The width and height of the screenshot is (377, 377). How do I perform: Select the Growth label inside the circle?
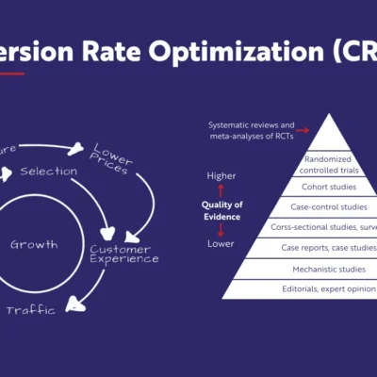point(35,244)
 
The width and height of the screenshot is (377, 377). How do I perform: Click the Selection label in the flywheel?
point(48,171)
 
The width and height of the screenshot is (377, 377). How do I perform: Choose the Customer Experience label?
point(123,254)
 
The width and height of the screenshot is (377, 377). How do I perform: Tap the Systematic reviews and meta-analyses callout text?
point(252,129)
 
